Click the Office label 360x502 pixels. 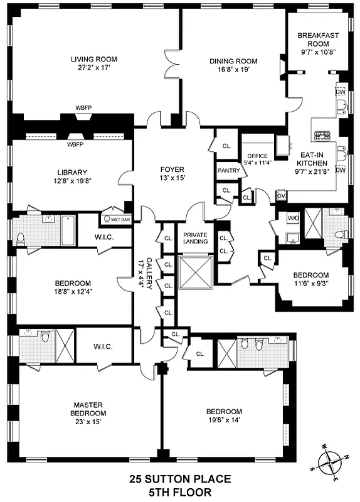(257, 156)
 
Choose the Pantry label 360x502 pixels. (228, 171)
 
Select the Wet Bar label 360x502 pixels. (116, 220)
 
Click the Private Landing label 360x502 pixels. (194, 238)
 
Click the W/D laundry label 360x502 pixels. (293, 218)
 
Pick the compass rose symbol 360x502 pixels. (330, 465)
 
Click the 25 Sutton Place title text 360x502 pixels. (180, 479)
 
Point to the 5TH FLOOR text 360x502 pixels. (180, 492)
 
